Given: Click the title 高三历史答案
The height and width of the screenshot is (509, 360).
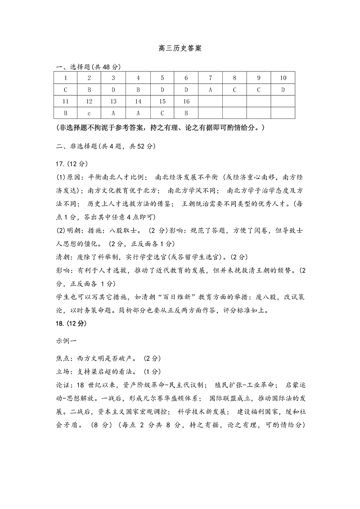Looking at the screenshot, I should [x=180, y=48].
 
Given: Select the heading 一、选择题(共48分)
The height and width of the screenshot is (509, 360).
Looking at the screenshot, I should [x=88, y=67].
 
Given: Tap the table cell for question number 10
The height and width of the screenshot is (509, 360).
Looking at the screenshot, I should [x=283, y=78].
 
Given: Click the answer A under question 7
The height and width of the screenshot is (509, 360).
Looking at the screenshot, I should [x=210, y=90].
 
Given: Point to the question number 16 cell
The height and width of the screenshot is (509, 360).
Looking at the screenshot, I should [x=186, y=101].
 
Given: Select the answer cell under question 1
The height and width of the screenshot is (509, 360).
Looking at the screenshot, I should [x=65, y=90].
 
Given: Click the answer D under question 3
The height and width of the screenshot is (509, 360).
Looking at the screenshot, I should [x=113, y=90].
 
